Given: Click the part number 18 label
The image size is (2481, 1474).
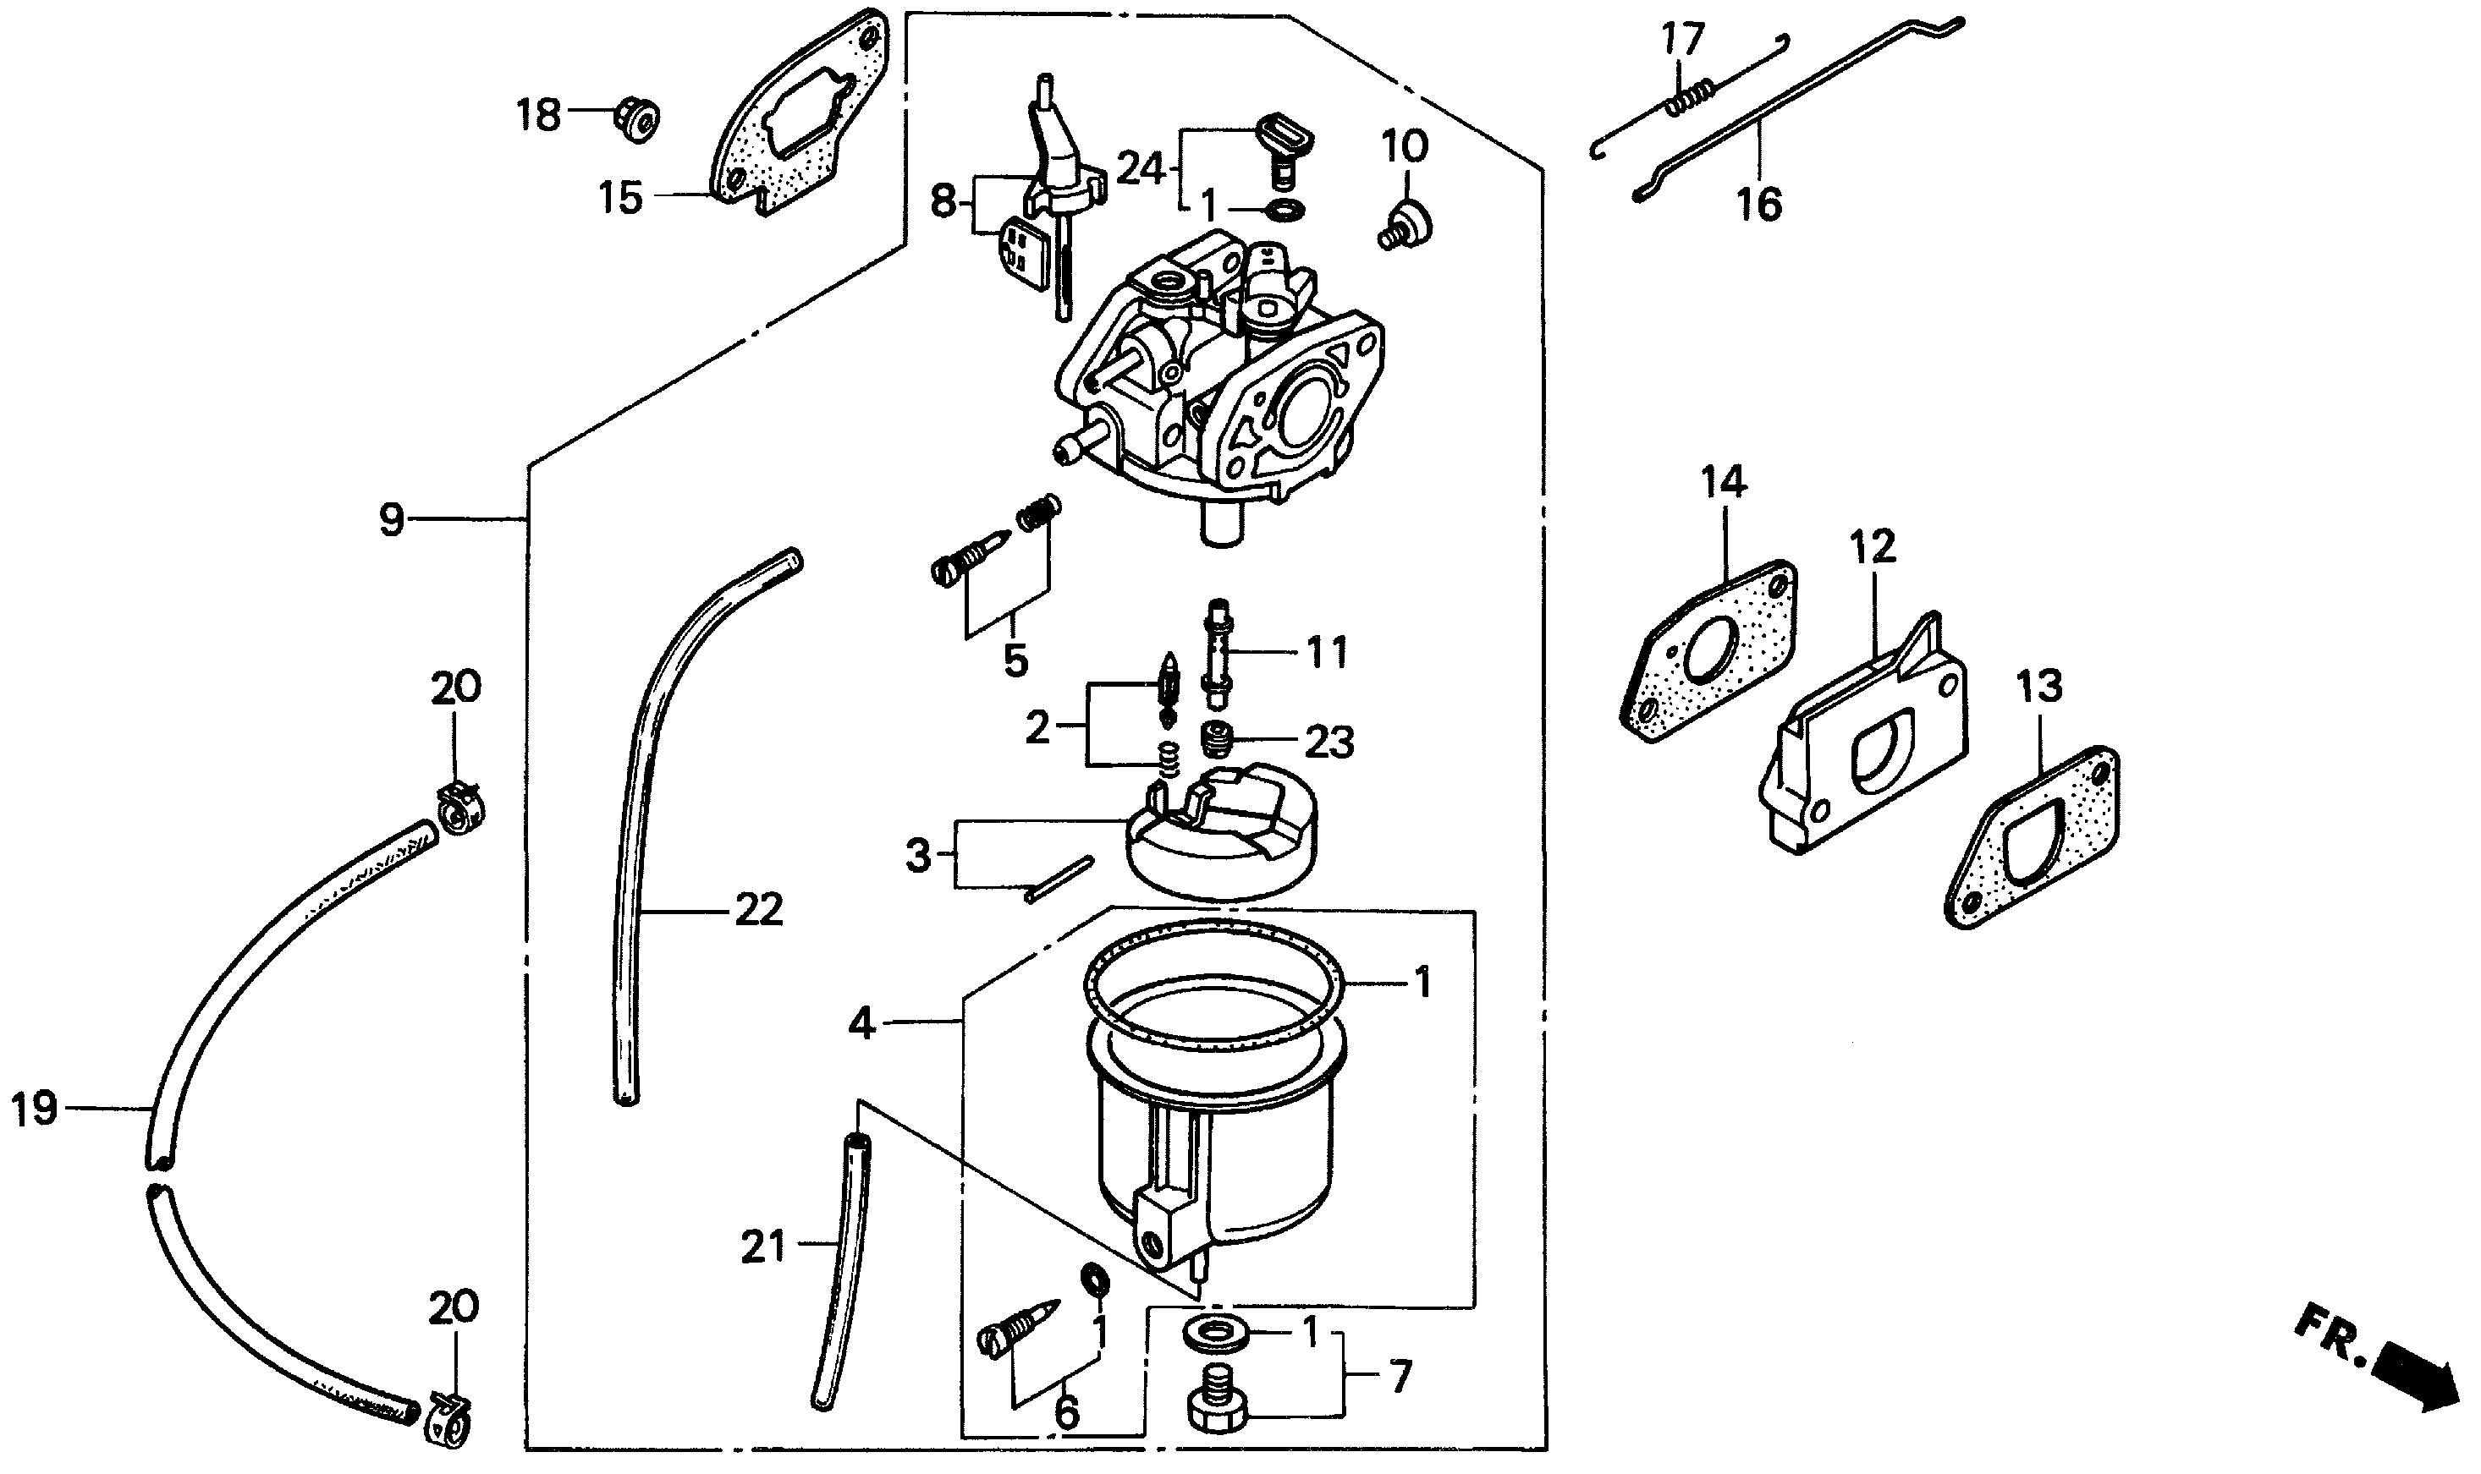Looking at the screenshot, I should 538,116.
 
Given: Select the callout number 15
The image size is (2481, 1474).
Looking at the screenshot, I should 620,198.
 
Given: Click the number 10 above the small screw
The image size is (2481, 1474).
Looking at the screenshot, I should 1405,147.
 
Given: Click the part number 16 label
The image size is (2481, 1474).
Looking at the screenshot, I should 1758,205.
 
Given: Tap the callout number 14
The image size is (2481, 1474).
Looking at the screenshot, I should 1724,483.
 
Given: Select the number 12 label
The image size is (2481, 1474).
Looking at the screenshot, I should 1873,547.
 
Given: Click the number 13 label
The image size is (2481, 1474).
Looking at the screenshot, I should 2040,687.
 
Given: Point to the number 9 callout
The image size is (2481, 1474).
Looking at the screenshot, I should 392,519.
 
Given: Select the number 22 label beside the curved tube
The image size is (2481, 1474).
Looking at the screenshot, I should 759,910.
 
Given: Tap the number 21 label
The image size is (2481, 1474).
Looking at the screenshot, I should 763,1247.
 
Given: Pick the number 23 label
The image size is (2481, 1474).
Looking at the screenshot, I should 1329,742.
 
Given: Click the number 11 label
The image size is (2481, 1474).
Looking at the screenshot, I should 1327,653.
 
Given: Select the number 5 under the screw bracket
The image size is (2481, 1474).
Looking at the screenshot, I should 1015,660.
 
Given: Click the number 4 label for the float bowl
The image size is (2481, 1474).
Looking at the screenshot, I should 861,1022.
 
